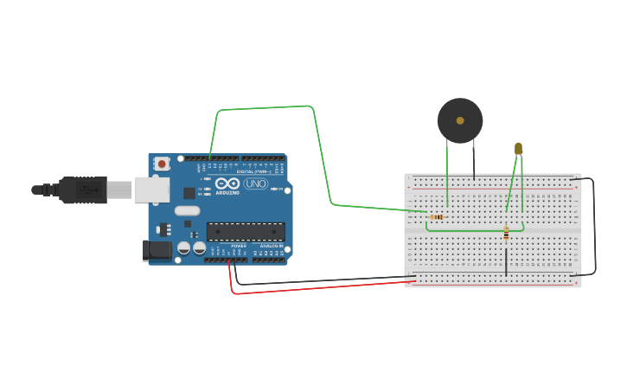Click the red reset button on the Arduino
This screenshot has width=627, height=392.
[161, 164]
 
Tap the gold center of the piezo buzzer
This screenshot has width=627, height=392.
[460, 120]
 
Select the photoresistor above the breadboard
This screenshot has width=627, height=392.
[518, 149]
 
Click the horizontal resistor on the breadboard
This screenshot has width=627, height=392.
[437, 216]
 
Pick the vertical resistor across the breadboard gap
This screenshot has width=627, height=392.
[506, 233]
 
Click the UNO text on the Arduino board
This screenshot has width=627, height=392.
[256, 183]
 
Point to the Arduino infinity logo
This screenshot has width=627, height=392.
[227, 183]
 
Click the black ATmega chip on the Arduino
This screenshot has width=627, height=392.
[246, 231]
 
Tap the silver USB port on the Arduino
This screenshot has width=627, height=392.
[151, 190]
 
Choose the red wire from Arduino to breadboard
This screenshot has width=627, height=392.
[320, 286]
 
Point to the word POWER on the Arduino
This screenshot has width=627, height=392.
[238, 246]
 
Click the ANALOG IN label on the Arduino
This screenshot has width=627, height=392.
[271, 246]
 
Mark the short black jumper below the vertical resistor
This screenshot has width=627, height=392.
[506, 260]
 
